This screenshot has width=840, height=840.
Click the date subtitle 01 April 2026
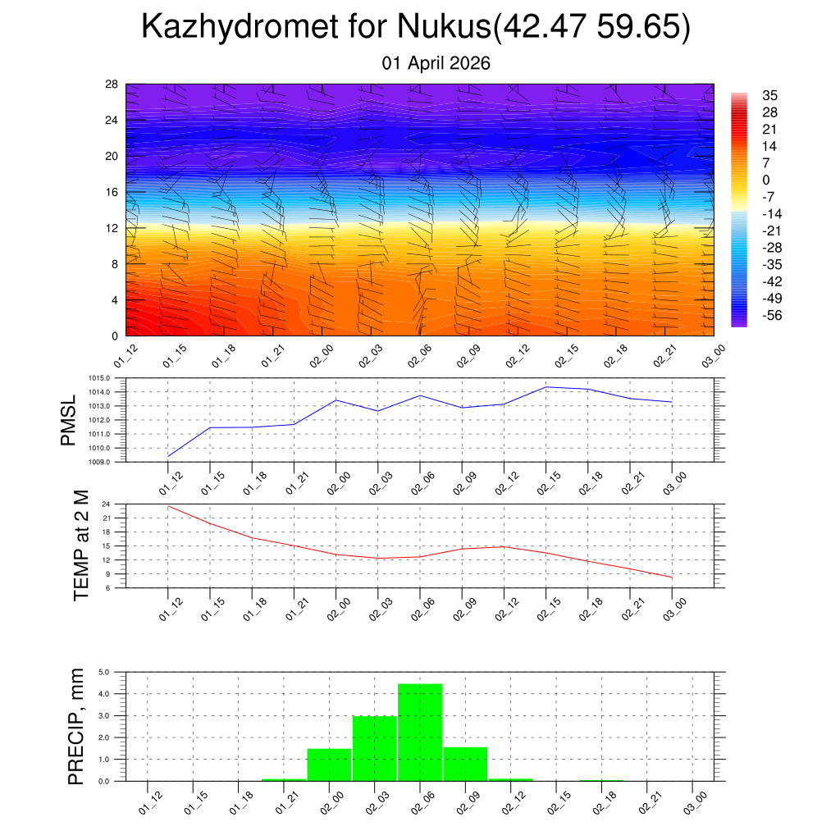tap(436, 63)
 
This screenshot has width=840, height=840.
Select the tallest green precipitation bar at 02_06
tap(420, 732)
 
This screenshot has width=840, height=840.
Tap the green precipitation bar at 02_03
tap(374, 748)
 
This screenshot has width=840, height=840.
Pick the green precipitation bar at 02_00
tap(329, 765)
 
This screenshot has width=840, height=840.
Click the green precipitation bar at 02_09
tap(465, 764)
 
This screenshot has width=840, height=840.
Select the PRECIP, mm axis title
tap(76, 726)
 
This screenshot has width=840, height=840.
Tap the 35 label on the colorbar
tap(769, 94)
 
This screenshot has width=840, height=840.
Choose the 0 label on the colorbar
tap(766, 180)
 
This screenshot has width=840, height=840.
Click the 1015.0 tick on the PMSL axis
tap(102, 378)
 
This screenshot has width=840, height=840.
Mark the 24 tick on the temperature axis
tap(107, 504)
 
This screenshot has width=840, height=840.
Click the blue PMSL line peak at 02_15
tap(546, 386)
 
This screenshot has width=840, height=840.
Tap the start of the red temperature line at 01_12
tap(168, 506)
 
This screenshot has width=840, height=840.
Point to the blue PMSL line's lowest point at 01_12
tap(168, 456)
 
